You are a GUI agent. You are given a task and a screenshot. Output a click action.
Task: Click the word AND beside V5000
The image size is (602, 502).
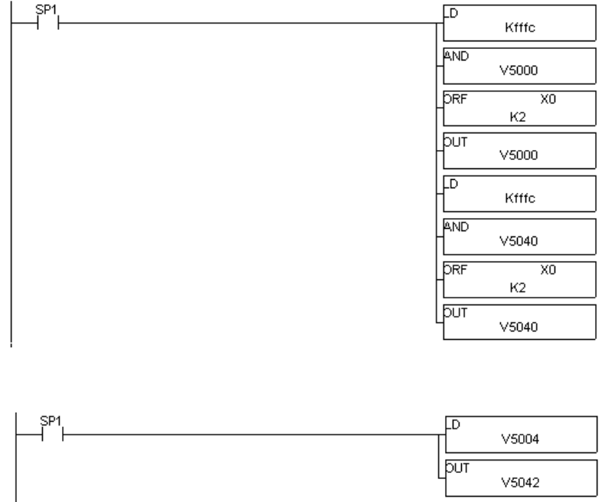(x=453, y=54)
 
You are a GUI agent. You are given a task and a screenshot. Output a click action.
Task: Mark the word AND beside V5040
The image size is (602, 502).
(x=453, y=225)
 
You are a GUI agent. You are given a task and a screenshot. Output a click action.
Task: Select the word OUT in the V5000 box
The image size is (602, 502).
(x=453, y=141)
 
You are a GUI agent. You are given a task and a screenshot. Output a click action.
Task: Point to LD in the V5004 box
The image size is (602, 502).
(x=451, y=422)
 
